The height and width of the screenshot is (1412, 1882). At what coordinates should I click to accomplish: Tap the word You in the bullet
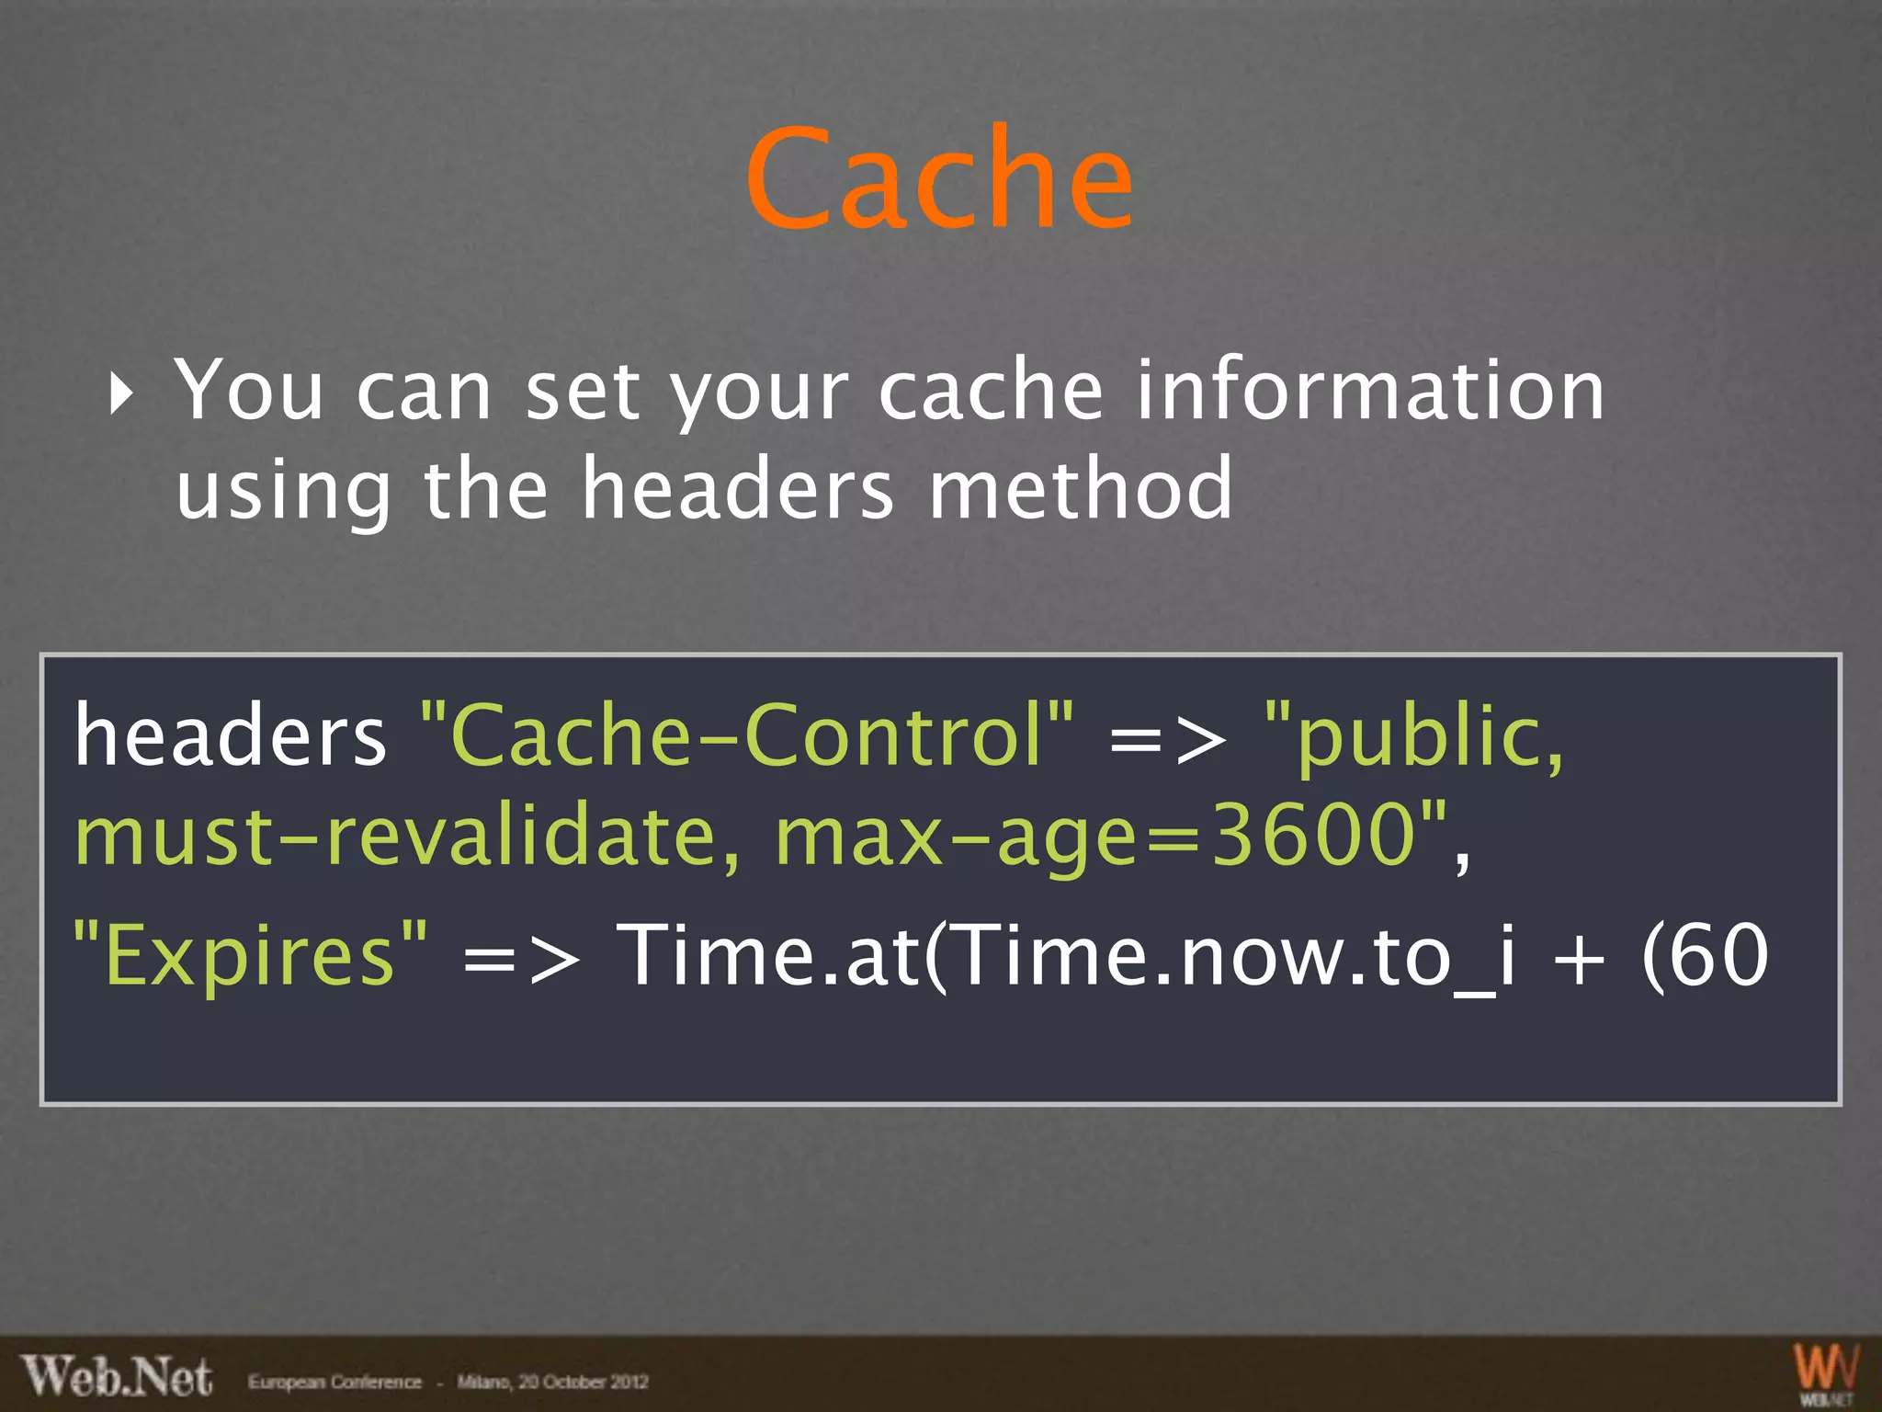coord(249,391)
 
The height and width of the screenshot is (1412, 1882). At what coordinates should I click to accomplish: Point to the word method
coord(1081,488)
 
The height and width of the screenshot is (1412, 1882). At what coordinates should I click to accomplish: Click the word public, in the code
coord(1415,737)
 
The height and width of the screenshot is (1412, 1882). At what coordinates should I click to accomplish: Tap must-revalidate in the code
coord(405,836)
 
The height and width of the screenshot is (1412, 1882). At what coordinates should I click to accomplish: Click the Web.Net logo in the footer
coord(118,1376)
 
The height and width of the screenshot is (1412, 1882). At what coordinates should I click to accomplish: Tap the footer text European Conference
coord(334,1382)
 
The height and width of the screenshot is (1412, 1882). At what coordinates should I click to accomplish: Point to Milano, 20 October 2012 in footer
coord(552,1382)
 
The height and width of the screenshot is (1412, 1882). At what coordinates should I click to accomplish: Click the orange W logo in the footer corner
coord(1825,1370)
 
